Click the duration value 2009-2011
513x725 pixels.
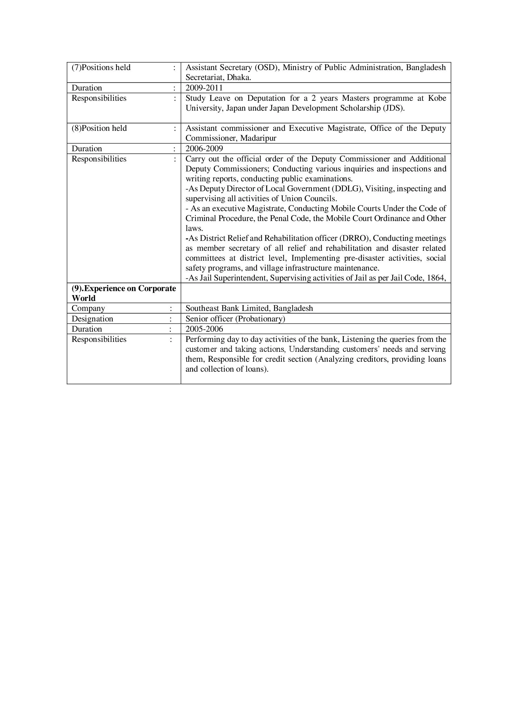pyautogui.click(x=204, y=88)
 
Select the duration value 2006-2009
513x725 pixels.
pyautogui.click(x=204, y=148)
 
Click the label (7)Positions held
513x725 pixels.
pyautogui.click(x=101, y=67)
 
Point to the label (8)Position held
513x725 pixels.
pyautogui.click(x=99, y=128)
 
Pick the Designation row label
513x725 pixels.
pyautogui.click(x=92, y=319)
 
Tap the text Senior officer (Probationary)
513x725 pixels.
pyautogui.click(x=235, y=319)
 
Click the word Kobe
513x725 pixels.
pyautogui.click(x=437, y=98)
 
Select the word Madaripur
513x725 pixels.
pyautogui.click(x=258, y=138)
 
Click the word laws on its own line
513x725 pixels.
pyautogui.click(x=193, y=228)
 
